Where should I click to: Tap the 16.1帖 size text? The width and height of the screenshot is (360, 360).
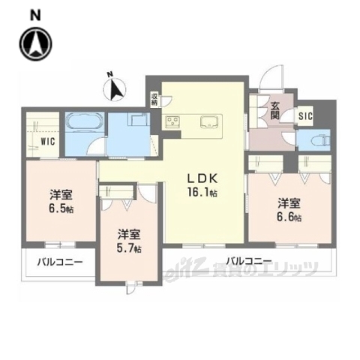pos(202,192)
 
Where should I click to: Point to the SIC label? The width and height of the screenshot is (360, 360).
pos(305,116)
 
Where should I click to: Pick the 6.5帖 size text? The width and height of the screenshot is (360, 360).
pos(61,208)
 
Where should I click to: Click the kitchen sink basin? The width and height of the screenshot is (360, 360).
pos(208,121)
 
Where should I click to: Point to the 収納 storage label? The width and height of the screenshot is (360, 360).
pos(154,99)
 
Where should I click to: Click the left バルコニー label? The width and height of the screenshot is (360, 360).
pos(56,263)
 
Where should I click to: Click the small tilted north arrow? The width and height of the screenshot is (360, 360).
pos(115,88)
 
